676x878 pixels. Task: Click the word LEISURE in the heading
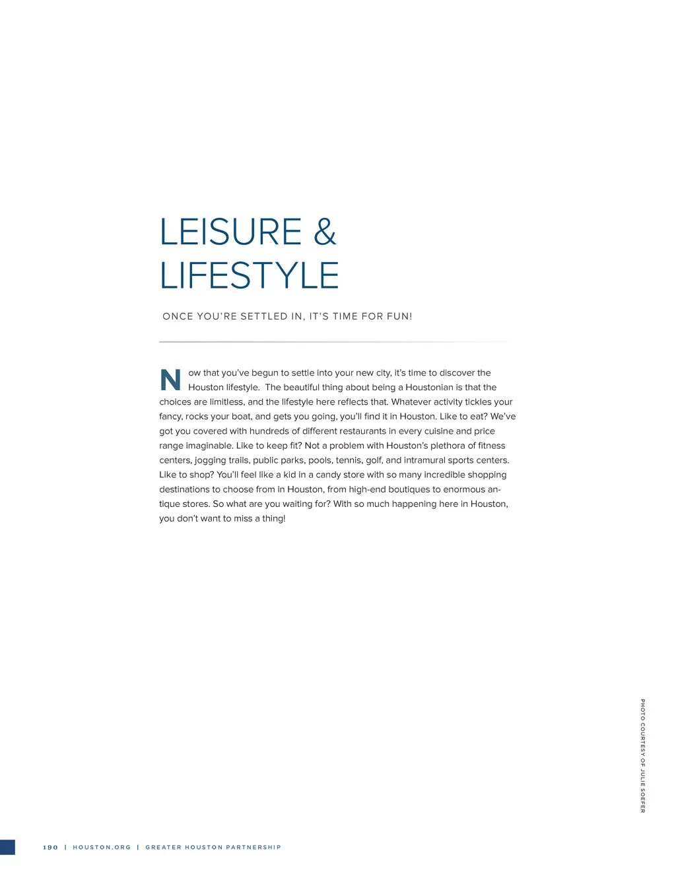230,232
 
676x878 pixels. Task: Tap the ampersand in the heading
325,232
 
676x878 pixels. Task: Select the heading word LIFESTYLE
250,276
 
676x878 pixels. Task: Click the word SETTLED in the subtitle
263,317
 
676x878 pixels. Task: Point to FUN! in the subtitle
399,317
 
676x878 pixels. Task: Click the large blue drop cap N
170,380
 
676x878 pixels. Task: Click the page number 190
50,848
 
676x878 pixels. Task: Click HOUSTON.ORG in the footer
102,848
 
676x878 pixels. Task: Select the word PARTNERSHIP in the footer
253,848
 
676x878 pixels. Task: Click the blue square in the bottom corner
7,848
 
